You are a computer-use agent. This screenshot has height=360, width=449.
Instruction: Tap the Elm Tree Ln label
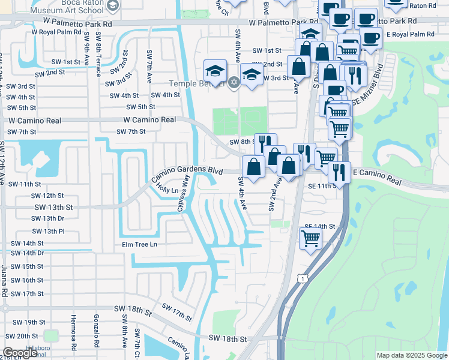(x=139, y=244)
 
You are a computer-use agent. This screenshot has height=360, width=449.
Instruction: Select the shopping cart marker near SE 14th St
(x=310, y=238)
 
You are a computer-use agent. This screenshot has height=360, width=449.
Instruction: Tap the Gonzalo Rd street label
(x=96, y=331)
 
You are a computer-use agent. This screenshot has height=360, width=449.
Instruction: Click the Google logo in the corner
(x=20, y=353)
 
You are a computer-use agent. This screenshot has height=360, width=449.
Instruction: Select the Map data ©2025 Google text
(x=411, y=355)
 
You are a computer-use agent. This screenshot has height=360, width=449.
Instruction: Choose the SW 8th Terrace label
(x=97, y=58)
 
